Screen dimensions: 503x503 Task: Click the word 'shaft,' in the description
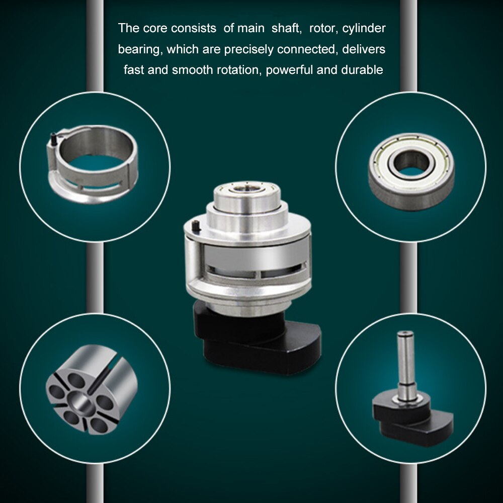(286, 29)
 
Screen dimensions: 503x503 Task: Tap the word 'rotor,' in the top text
(323, 29)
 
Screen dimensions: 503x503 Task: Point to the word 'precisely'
(248, 50)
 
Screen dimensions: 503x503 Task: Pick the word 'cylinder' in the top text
(364, 29)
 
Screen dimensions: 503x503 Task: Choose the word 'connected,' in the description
(307, 50)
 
